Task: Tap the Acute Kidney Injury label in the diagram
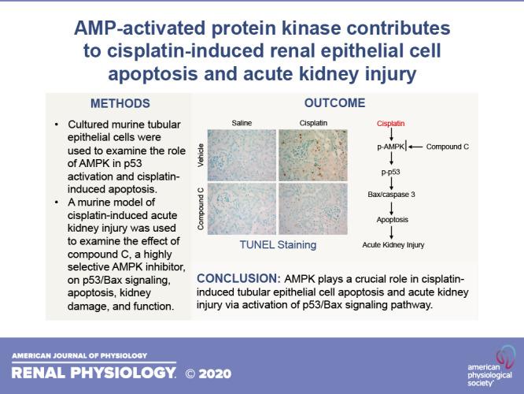point(393,245)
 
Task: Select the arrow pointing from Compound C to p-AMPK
point(419,147)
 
